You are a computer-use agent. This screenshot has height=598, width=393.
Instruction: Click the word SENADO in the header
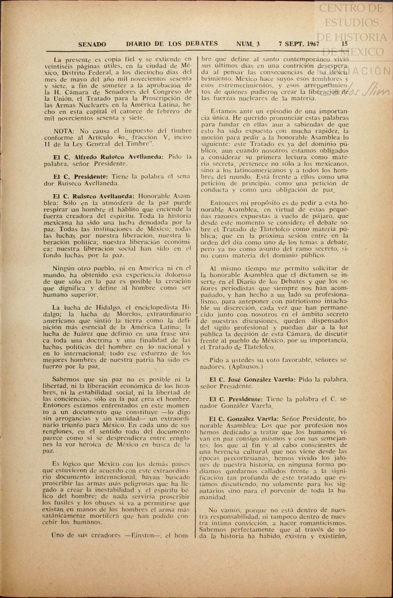coord(92,44)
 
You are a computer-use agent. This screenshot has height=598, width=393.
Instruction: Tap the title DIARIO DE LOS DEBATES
coord(172,43)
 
